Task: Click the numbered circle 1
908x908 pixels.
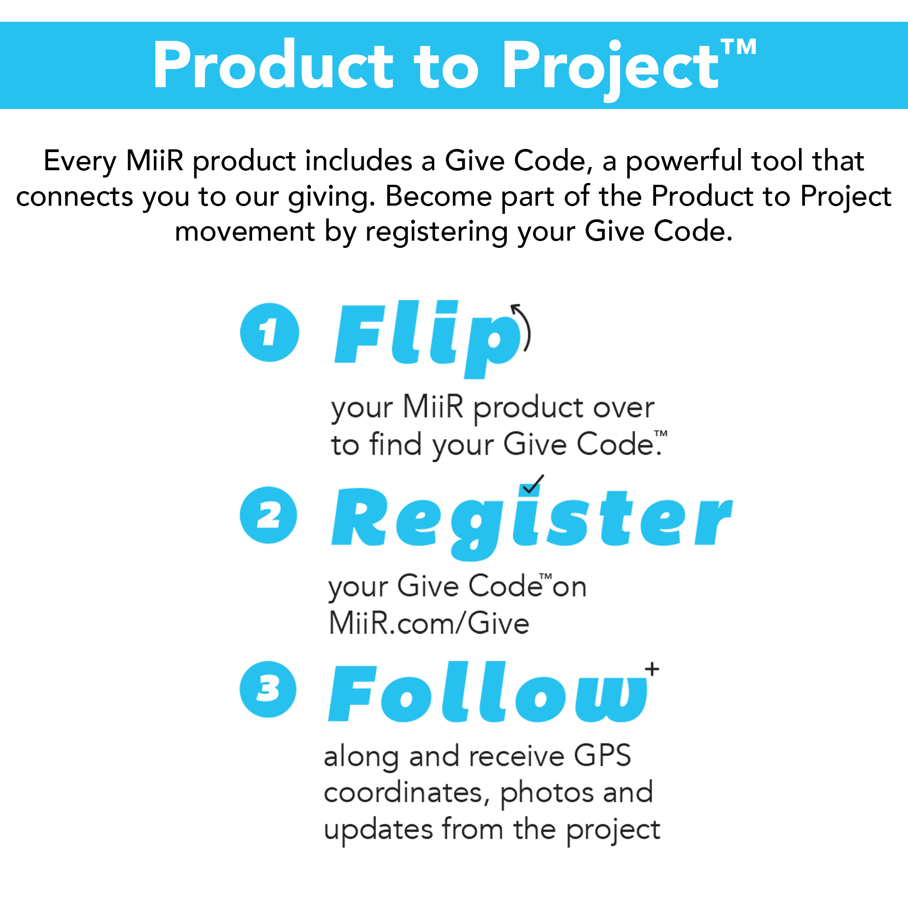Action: click(269, 332)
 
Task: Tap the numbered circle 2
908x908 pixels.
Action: click(268, 515)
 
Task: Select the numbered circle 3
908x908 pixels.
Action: click(268, 689)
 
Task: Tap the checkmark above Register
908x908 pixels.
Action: click(533, 484)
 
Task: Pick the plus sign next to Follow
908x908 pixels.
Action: click(652, 669)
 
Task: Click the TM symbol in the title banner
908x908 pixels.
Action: click(738, 47)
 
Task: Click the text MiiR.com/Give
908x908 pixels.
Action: click(429, 624)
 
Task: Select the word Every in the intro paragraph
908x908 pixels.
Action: click(80, 161)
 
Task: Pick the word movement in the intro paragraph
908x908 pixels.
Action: click(244, 232)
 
